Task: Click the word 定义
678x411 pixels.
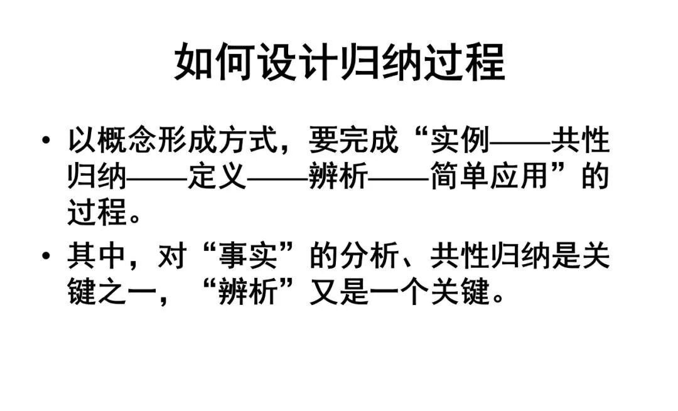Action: [217, 178]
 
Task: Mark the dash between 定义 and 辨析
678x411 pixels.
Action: [277, 179]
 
